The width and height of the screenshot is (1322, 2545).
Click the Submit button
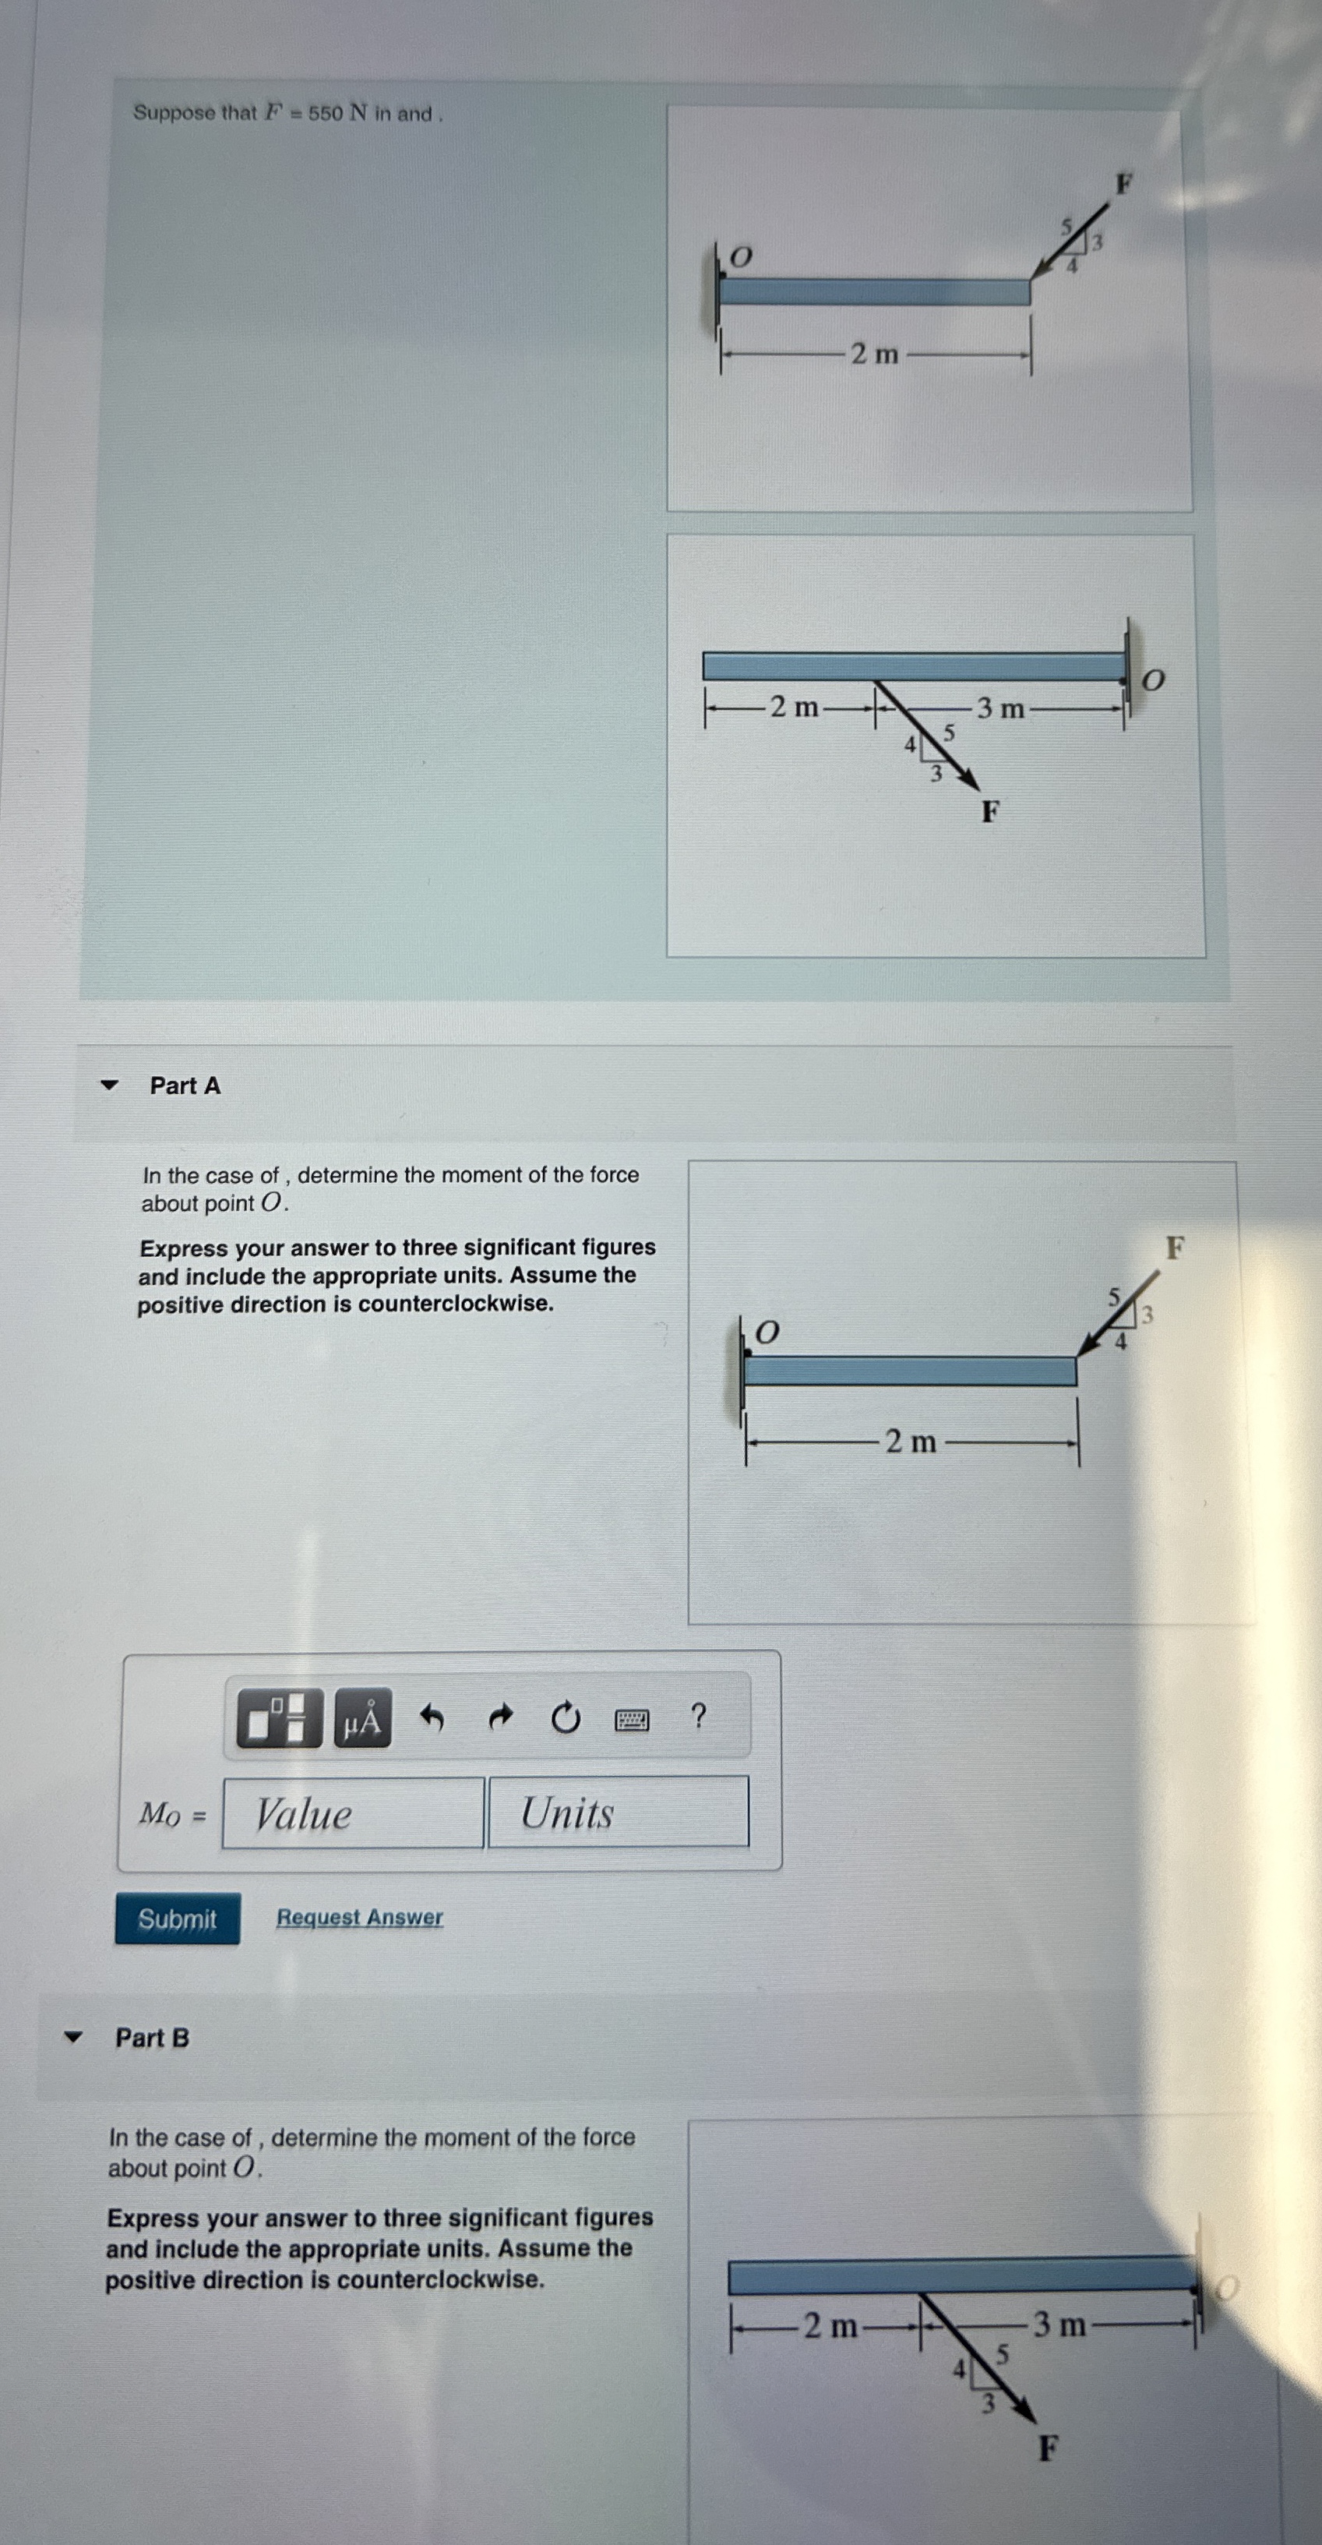point(177,1918)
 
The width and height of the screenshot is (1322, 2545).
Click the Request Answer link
point(360,1918)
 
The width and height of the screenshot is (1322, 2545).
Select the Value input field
point(353,1813)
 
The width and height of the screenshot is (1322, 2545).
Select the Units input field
point(619,1812)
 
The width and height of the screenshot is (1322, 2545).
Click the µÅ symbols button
point(361,1719)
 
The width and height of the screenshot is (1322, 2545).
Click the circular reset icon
point(565,1719)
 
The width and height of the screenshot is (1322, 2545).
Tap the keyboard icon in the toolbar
point(633,1720)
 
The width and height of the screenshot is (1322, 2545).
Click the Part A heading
point(185,1085)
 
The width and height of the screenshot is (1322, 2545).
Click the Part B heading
point(152,2038)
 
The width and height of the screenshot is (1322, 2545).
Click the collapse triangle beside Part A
point(109,1085)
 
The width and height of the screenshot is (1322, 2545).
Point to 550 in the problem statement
point(325,114)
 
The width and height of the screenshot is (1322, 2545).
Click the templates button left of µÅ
point(280,1719)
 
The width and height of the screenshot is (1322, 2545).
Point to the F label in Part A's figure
point(1174,1248)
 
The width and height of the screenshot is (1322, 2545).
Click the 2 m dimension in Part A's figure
point(910,1442)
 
